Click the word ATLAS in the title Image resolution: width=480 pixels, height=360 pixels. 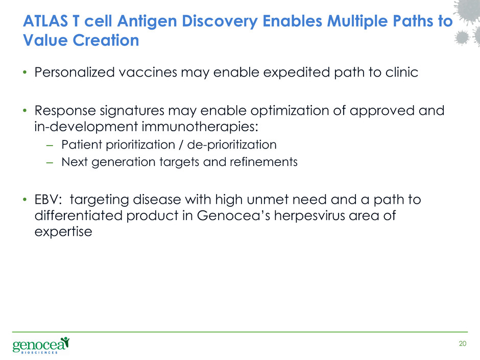(45, 21)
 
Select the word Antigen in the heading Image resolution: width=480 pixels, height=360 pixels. (147, 22)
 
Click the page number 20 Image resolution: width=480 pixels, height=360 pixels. (463, 344)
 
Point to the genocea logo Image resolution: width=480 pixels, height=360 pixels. (41, 345)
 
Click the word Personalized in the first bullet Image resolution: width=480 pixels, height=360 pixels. (75, 72)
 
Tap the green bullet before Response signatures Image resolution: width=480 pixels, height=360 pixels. (25, 110)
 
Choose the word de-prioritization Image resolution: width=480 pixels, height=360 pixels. (232, 145)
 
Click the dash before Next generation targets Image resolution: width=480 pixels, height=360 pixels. (50, 162)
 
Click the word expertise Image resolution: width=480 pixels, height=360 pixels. (63, 232)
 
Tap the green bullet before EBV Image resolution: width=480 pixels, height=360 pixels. (25, 200)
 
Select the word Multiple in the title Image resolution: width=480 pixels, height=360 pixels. (357, 22)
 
